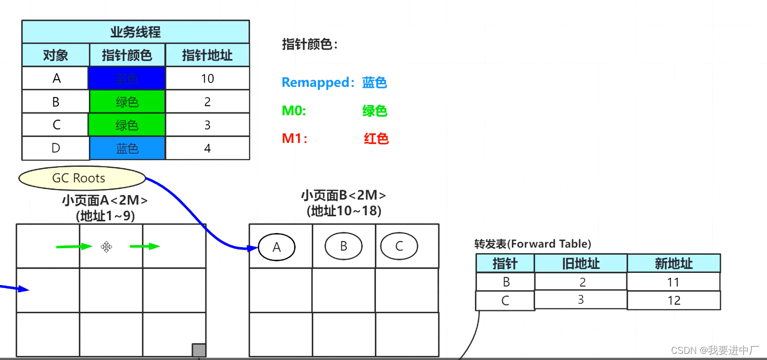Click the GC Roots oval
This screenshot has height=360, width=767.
[82, 178]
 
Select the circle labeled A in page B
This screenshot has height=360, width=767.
[277, 247]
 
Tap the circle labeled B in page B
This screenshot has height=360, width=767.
[343, 246]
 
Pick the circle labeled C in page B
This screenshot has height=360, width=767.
[399, 246]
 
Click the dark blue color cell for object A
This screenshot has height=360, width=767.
[127, 79]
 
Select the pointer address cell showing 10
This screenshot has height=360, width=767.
[207, 79]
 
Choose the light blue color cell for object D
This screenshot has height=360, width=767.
[127, 148]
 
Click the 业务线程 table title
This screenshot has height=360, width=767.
[136, 32]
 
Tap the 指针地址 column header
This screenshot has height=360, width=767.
[207, 55]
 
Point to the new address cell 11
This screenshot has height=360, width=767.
[673, 282]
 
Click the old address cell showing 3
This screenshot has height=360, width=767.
[581, 299]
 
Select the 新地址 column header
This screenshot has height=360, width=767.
[674, 263]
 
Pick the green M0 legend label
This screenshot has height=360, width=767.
[294, 110]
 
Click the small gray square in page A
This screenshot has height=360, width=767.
[199, 350]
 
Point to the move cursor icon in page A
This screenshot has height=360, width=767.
[106, 247]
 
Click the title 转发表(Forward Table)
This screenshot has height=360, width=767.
[532, 244]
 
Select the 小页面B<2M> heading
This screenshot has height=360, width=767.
[343, 195]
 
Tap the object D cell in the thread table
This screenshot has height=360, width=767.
[55, 148]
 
